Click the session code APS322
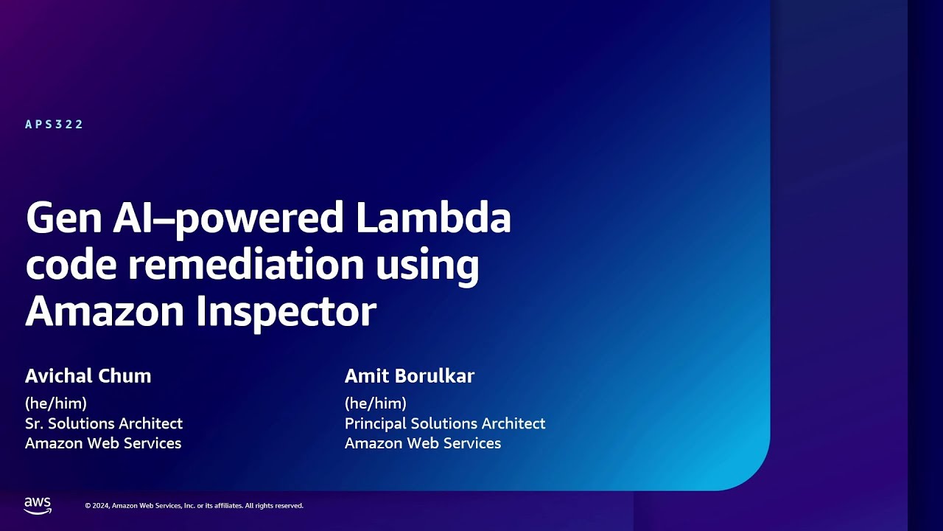coord(55,125)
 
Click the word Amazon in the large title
coord(104,311)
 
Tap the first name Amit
coord(366,376)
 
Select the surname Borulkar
coord(434,376)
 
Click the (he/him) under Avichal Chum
coord(56,403)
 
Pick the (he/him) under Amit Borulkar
coord(376,403)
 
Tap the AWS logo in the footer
coord(38,505)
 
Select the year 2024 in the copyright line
coord(101,506)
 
